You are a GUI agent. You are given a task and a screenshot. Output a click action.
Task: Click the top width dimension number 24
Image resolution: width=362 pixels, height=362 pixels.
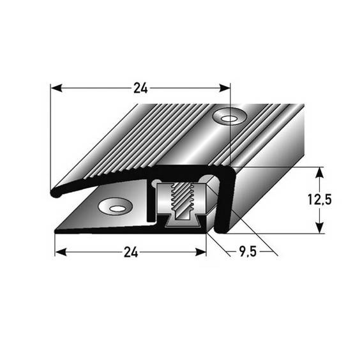140,89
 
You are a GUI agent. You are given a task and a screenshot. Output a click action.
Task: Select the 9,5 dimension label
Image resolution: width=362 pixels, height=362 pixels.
243,252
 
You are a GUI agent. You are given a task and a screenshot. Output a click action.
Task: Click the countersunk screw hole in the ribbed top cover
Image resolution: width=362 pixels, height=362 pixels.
229,116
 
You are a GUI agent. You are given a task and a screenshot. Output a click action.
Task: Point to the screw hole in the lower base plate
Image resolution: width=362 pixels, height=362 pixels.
117,206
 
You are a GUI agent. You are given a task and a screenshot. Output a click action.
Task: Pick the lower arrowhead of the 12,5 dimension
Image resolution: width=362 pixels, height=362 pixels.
318,229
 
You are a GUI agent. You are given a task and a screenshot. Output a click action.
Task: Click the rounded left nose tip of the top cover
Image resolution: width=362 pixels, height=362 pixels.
54,191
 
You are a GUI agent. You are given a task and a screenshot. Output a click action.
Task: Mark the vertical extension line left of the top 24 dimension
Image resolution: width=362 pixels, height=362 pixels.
50,134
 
